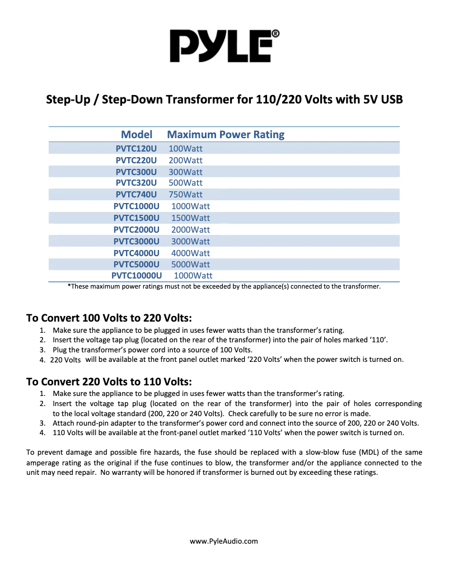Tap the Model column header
click(137, 135)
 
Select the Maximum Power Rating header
click(226, 135)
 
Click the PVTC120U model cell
click(136, 149)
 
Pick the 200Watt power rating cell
click(185, 161)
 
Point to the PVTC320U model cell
click(136, 183)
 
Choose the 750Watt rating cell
click(185, 195)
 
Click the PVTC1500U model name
click(136, 218)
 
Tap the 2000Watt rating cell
click(190, 229)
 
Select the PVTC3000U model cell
click(136, 241)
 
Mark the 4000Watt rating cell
click(190, 253)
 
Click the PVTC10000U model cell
click(137, 276)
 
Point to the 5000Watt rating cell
click(190, 264)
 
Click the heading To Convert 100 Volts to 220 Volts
click(109, 318)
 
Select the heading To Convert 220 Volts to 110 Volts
click(109, 382)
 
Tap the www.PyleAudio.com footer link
click(224, 541)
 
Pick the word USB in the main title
click(390, 100)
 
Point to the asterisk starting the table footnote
click(69, 286)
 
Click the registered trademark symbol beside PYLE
click(275, 34)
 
